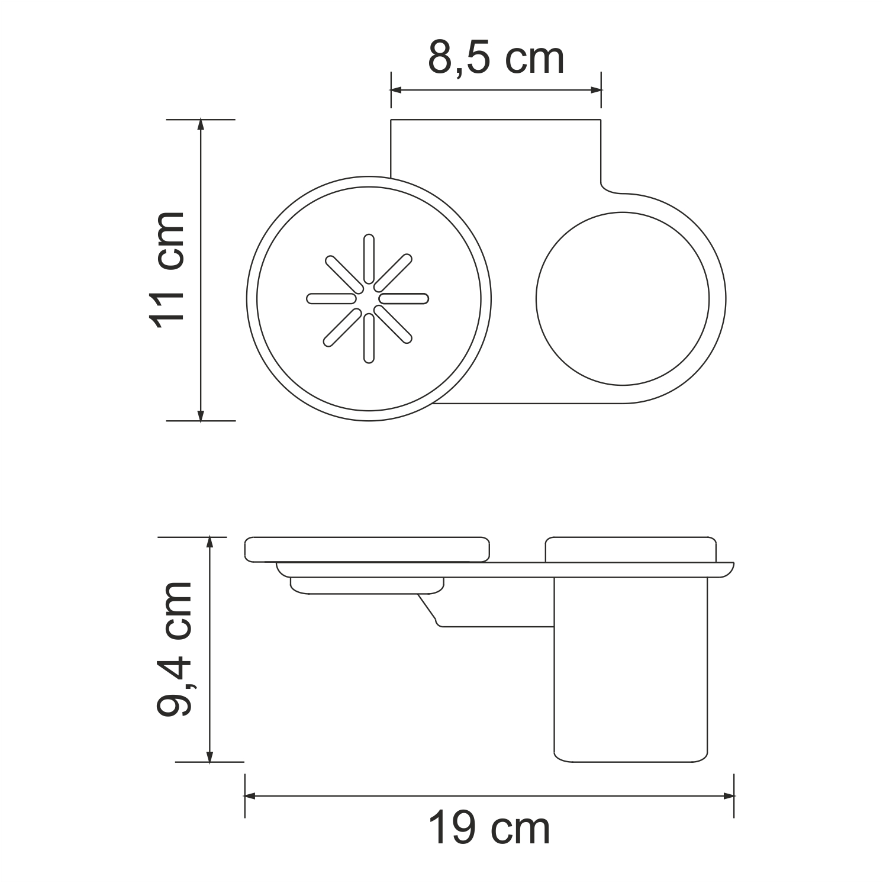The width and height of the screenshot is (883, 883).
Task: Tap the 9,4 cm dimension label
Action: coord(175,649)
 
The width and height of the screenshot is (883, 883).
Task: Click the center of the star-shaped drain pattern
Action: coord(368,298)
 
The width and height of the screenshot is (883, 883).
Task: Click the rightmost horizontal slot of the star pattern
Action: coord(404,298)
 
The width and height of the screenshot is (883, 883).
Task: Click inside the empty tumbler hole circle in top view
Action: coord(622,298)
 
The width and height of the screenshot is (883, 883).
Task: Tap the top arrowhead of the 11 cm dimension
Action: coord(201,125)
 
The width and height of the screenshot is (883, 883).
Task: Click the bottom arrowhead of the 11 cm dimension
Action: coord(201,415)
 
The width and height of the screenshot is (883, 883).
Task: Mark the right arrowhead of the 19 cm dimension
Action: coord(729,797)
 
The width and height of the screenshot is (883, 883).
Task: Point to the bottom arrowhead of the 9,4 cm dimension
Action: coord(209,756)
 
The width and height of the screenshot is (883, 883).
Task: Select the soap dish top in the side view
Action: coord(367,549)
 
